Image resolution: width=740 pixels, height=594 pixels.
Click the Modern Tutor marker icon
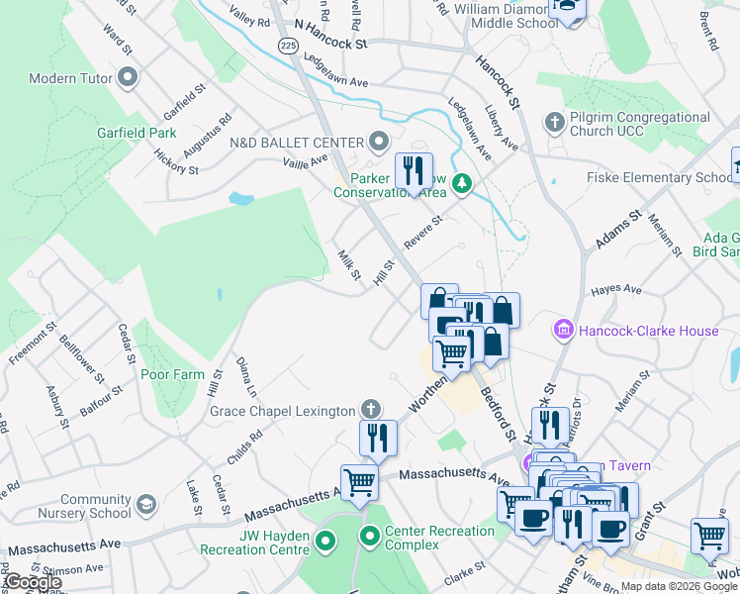127,77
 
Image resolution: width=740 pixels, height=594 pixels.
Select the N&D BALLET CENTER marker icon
377,142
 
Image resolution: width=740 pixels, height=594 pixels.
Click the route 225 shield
288,46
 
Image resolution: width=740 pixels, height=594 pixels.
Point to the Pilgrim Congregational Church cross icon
554,123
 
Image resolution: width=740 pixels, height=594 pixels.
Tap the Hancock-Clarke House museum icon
565,330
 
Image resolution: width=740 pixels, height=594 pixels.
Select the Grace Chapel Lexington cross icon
370,409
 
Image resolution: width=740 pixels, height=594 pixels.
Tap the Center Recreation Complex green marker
371,539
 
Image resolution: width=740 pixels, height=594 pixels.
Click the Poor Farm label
171,375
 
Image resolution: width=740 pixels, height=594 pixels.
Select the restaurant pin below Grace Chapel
377,437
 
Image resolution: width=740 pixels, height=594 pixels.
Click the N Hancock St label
330,44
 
